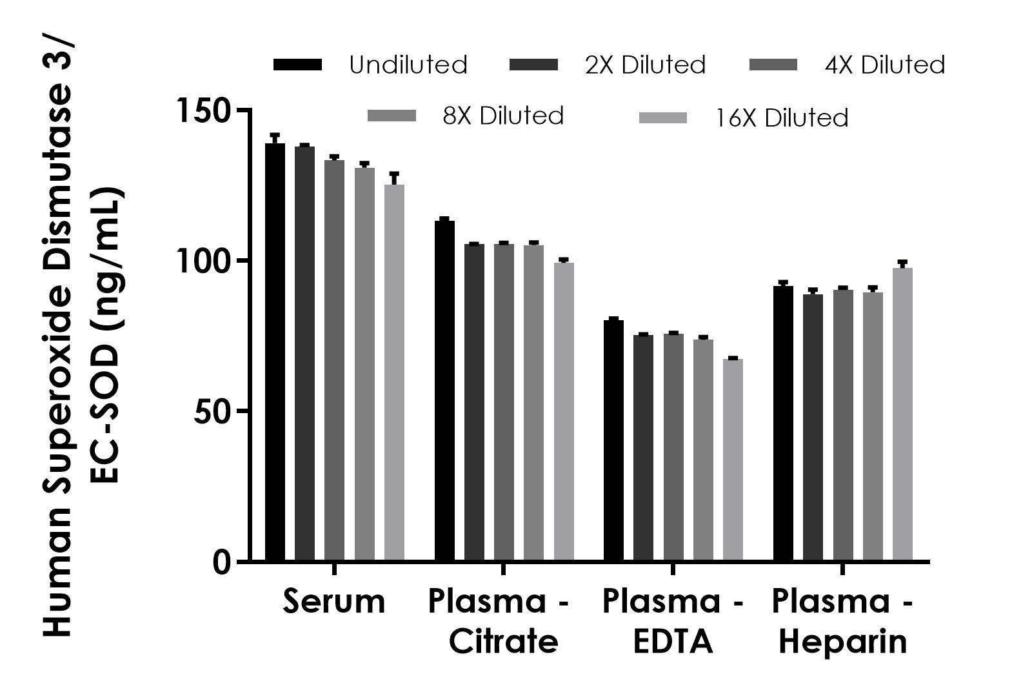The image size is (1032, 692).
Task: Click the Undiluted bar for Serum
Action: point(275,352)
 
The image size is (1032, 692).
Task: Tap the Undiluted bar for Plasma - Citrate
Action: point(444,391)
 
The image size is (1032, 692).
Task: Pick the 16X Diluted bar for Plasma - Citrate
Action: point(564,411)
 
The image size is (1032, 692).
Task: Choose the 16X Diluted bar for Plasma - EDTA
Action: point(733,460)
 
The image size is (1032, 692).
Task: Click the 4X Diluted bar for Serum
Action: point(334,360)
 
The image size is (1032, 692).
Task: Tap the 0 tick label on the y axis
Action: point(222,562)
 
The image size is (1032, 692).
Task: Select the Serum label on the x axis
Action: point(334,601)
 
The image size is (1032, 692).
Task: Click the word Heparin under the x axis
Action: point(842,642)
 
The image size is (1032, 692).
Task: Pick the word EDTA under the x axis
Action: point(673,642)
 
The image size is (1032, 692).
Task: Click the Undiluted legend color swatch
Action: point(298,65)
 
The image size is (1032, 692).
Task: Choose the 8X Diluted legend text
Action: point(503,116)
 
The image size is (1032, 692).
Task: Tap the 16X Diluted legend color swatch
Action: point(662,118)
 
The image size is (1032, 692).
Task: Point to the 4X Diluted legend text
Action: point(885,65)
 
